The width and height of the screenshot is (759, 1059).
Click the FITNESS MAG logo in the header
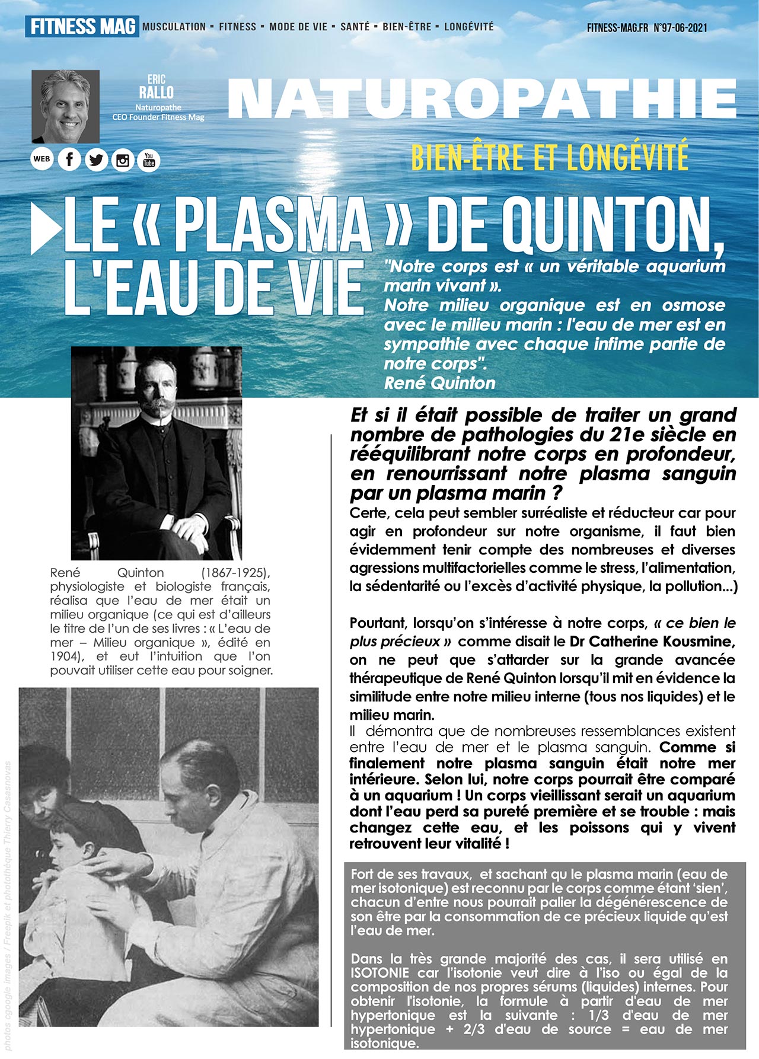(x=82, y=27)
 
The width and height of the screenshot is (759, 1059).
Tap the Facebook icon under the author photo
(x=69, y=160)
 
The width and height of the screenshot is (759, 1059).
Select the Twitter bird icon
(x=96, y=160)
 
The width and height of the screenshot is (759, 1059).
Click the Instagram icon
(x=123, y=160)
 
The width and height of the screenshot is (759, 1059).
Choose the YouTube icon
(x=149, y=160)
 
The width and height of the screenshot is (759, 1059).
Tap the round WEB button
(x=42, y=159)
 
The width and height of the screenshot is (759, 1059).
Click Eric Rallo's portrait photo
(x=65, y=106)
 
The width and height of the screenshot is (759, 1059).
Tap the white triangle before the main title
(x=44, y=229)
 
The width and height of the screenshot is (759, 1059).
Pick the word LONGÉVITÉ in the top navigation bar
(x=468, y=27)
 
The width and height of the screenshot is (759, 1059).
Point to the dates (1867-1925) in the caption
(x=235, y=573)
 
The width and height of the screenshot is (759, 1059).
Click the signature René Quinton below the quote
(x=439, y=383)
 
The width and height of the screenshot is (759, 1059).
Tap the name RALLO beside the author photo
(x=157, y=92)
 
